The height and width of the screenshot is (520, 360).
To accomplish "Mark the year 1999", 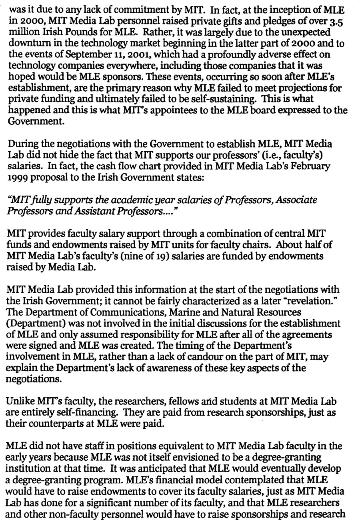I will (x=16, y=176).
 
